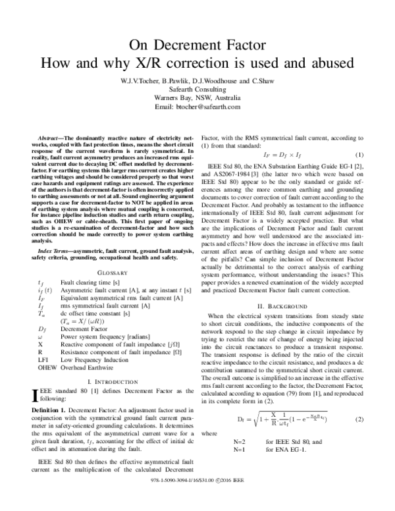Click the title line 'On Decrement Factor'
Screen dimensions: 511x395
coord(197,45)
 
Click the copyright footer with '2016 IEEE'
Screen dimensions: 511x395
coord(197,500)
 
